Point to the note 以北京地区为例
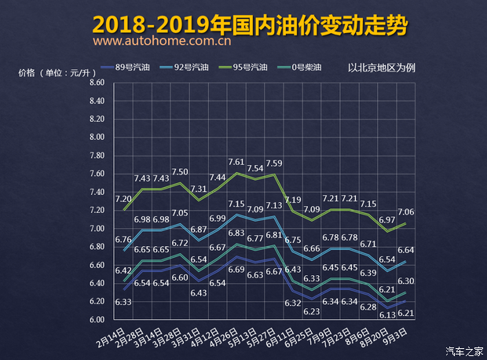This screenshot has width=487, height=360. (381, 68)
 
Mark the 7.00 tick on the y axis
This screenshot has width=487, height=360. (97, 229)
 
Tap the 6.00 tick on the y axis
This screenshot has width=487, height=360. (97, 320)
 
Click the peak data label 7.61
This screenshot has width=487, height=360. (236, 163)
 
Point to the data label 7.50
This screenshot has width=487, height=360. (179, 172)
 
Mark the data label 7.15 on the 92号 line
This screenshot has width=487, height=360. (236, 204)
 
